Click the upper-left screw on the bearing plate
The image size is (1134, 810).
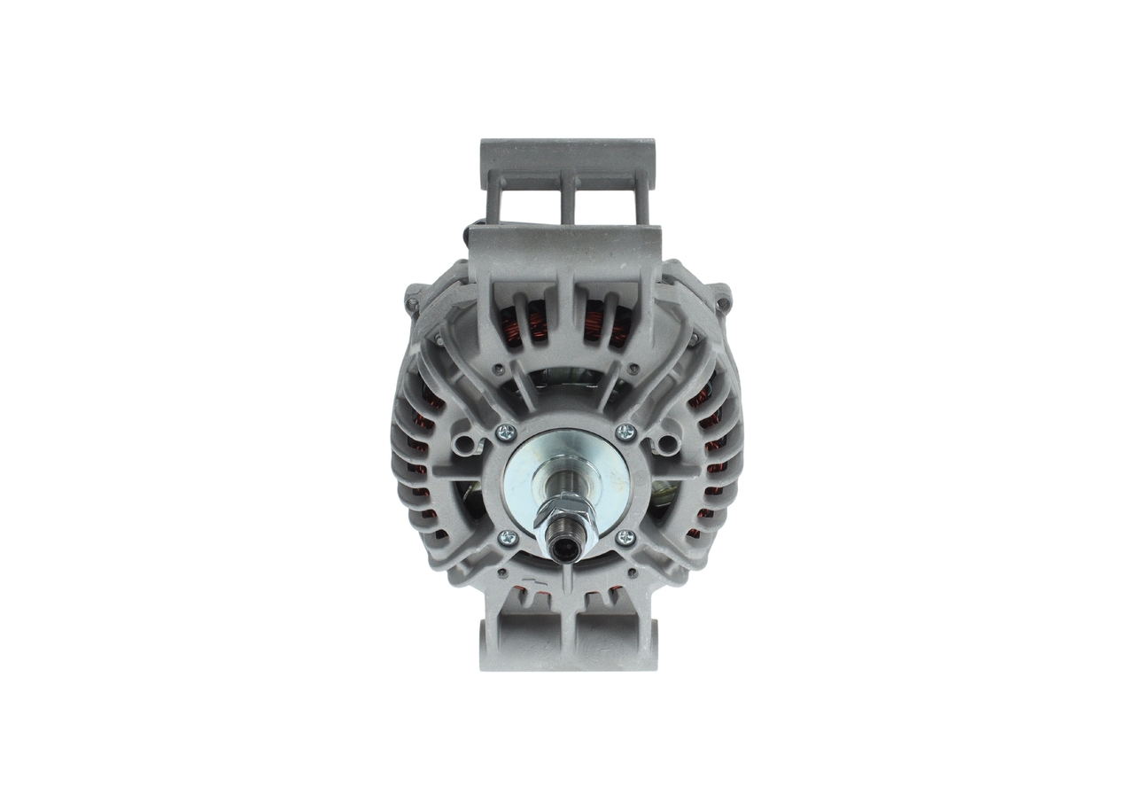(x=508, y=432)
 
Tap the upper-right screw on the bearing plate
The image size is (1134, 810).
(x=626, y=432)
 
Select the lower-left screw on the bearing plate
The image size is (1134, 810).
(x=508, y=536)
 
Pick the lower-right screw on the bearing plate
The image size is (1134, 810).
(x=626, y=536)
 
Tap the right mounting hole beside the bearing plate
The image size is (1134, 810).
(x=666, y=440)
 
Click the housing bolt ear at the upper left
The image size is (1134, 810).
(x=413, y=302)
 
